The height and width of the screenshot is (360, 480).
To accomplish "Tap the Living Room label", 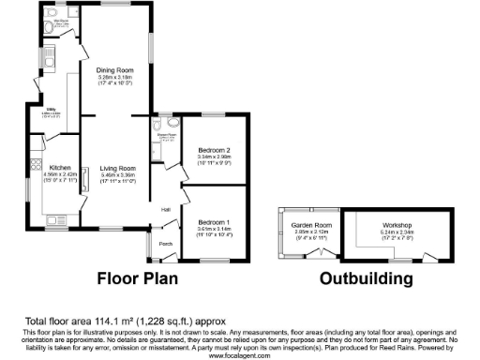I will [118, 168].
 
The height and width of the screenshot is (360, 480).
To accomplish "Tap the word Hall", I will [165, 209].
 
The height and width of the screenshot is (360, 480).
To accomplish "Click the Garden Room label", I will [306, 226].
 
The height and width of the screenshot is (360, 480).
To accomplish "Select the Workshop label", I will [384, 226].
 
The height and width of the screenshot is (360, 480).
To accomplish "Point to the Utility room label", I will [52, 110].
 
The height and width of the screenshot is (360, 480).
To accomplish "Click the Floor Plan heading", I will [146, 278].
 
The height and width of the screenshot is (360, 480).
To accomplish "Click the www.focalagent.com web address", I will [240, 355].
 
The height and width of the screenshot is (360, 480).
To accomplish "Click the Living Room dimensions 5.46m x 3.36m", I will [118, 174].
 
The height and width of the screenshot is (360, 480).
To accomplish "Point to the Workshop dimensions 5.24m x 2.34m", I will [384, 232].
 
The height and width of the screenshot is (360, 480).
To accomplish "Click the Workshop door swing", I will [421, 256].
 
